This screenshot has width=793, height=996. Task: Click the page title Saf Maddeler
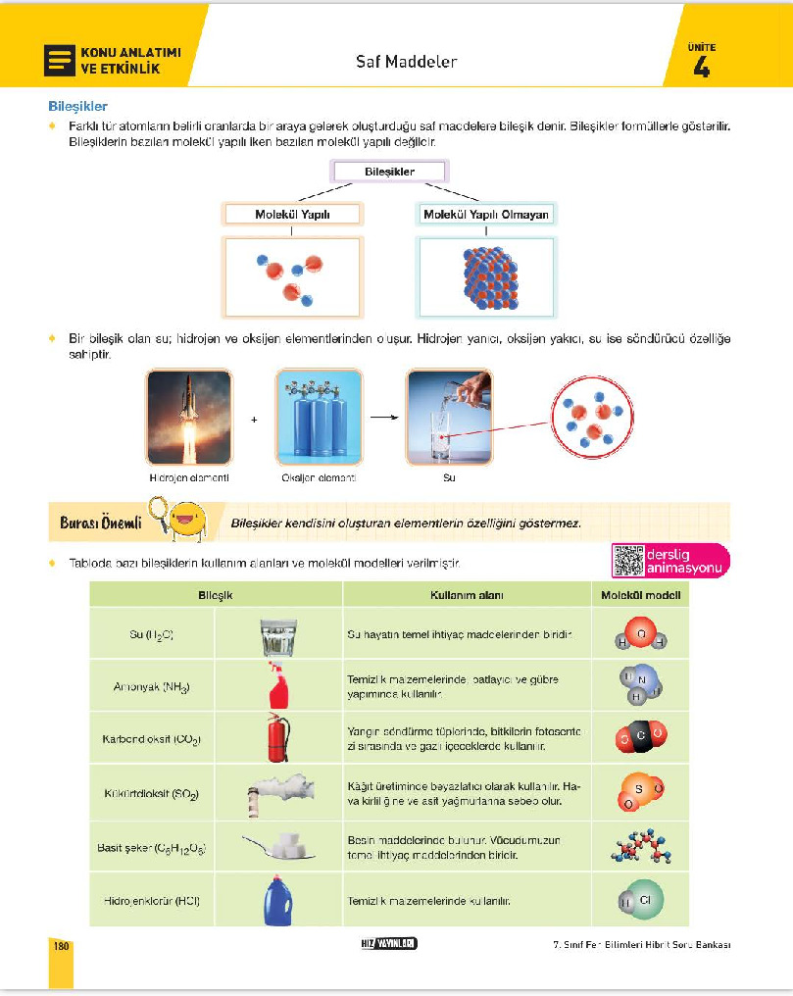406,62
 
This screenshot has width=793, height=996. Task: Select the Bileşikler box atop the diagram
389,172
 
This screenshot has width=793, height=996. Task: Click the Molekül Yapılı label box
293,214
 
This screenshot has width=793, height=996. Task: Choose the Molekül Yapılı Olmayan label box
486,214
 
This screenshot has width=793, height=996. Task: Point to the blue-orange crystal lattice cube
486,277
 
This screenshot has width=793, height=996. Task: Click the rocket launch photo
189,417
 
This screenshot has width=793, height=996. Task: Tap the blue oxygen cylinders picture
319,417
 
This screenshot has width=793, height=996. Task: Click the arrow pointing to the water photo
383,417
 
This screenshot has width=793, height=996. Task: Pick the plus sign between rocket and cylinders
254,420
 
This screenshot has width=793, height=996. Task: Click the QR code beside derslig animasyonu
627,560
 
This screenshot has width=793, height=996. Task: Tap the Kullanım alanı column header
466,595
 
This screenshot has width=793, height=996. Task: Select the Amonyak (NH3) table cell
152,686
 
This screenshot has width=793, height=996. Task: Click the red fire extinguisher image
278,737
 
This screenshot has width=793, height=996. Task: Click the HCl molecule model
640,899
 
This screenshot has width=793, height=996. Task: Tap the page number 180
62,946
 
